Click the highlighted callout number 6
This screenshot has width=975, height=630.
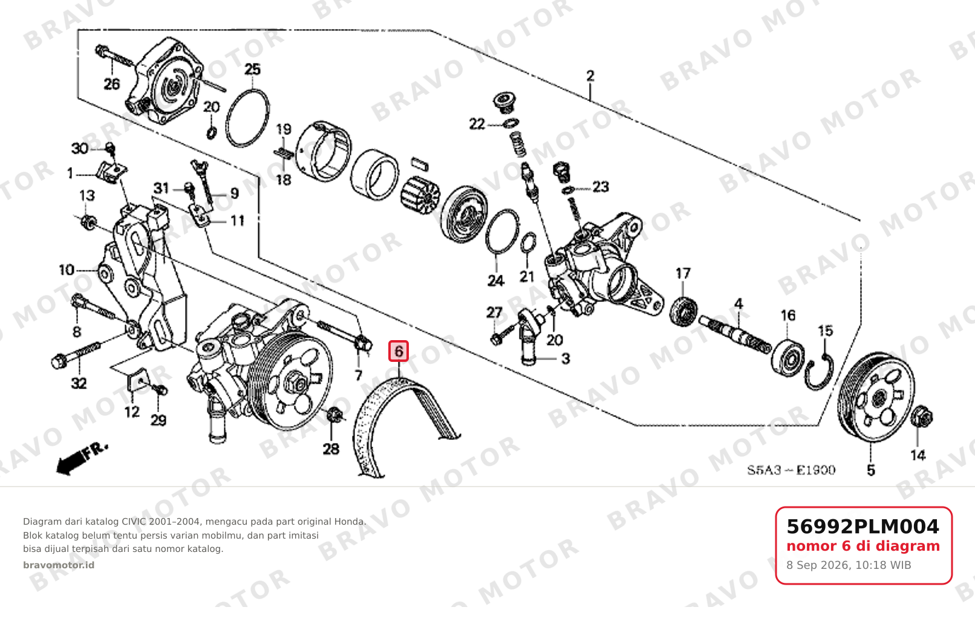398,351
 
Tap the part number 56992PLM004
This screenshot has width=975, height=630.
862,527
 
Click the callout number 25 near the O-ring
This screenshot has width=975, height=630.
252,69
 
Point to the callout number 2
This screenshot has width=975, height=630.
590,76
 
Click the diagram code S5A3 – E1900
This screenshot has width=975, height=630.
791,470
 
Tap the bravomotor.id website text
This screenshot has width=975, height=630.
59,565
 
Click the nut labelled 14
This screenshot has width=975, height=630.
921,416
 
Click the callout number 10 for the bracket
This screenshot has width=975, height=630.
67,271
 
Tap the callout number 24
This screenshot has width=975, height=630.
496,281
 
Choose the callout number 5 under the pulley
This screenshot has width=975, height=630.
870,470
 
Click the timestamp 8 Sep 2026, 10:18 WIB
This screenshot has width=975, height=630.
849,565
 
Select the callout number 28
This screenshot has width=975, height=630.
331,449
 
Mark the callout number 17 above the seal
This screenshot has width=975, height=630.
683,274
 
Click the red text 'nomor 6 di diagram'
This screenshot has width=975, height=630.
863,546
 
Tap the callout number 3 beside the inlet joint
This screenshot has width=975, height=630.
566,359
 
